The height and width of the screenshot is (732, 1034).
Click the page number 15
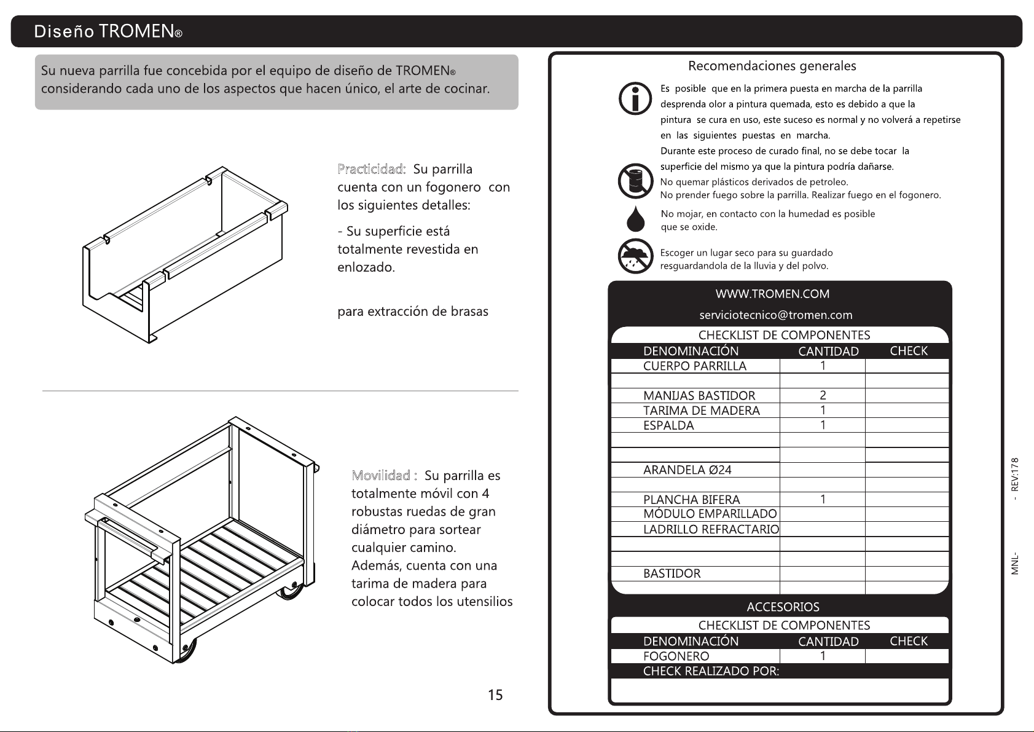(495, 695)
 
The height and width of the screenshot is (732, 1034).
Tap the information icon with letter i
(635, 98)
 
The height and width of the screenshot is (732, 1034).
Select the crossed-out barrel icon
(635, 181)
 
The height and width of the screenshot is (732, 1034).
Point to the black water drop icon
(636, 219)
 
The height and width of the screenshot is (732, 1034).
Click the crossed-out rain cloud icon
(635, 257)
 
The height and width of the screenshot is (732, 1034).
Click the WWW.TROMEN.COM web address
(772, 294)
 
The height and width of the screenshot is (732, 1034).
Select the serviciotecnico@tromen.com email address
(776, 315)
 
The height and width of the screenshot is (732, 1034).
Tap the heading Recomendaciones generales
(772, 66)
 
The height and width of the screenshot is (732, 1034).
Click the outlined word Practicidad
(371, 169)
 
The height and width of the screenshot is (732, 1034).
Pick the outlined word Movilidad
(384, 475)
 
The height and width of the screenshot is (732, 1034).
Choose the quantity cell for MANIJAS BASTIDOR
(823, 395)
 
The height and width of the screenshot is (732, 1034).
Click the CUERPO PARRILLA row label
(694, 366)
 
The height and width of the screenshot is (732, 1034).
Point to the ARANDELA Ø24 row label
(687, 470)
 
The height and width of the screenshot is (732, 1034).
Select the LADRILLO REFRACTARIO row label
(711, 529)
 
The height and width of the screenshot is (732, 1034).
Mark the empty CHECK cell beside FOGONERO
(907, 656)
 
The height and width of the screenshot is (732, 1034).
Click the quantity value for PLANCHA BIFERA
(823, 500)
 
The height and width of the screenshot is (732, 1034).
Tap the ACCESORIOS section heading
(783, 607)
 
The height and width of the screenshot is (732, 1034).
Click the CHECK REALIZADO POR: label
(711, 671)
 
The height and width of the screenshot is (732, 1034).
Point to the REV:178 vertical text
(1015, 474)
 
